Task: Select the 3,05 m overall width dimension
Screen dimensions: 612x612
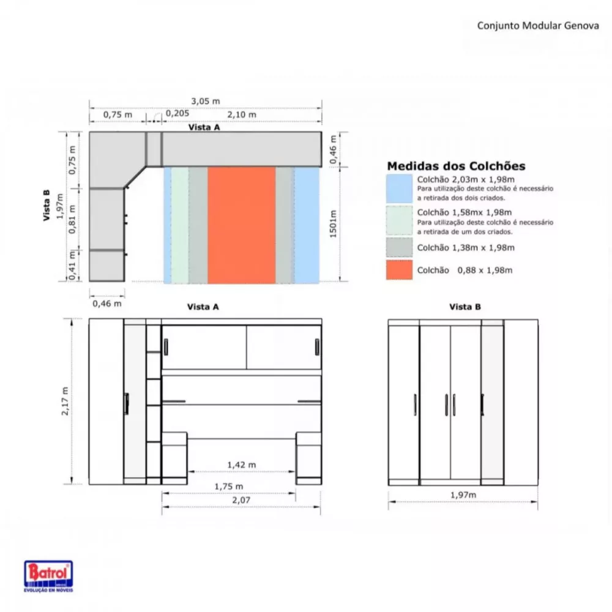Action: pos(206,101)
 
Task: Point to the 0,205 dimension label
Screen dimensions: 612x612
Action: pos(177,113)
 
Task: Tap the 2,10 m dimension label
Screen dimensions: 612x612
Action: pos(242,114)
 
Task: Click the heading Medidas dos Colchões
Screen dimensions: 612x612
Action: pos(456,166)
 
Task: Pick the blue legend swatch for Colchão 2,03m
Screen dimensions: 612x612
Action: pos(399,188)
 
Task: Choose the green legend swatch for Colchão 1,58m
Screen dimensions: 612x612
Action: pos(399,220)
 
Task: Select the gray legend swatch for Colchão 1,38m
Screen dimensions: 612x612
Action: pos(399,247)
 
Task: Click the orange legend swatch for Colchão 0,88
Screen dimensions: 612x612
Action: pos(399,270)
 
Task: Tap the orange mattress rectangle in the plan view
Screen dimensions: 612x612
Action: pos(241,225)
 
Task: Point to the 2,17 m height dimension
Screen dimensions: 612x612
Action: pos(65,400)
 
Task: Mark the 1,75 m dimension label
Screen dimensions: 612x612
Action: pos(228,487)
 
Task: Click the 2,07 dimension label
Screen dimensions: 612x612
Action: pos(241,501)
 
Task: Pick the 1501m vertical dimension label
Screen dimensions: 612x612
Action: pos(334,225)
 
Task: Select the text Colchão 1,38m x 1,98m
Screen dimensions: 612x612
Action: pos(465,248)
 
